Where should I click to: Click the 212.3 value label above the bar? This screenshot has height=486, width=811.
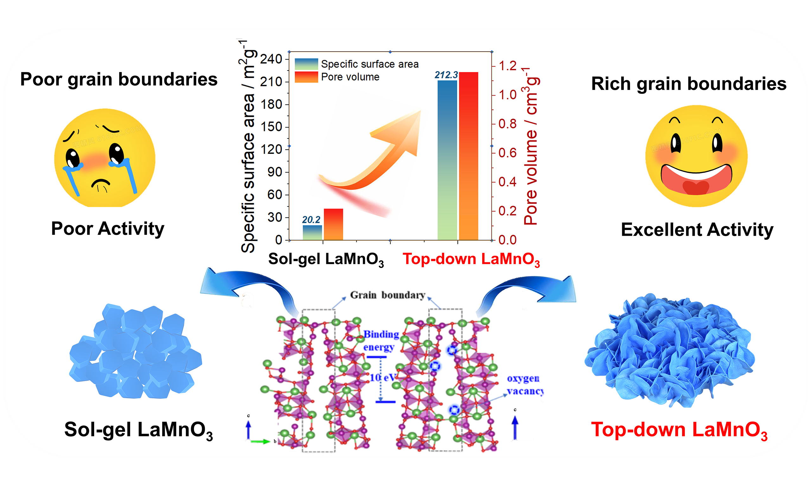446,75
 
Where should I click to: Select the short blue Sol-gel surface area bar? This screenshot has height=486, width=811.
312,233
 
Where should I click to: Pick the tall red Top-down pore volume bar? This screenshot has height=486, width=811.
469,156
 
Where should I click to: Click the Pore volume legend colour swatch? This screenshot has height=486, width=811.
306,77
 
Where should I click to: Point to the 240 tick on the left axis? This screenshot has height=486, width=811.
271,59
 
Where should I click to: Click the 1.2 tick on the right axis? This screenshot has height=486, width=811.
508,66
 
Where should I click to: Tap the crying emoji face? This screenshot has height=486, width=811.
105,158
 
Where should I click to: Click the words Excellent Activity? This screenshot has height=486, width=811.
697,230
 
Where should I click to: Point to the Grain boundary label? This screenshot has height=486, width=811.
387,295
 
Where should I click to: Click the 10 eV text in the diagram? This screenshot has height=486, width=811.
383,377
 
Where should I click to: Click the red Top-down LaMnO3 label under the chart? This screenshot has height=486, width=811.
471,259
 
